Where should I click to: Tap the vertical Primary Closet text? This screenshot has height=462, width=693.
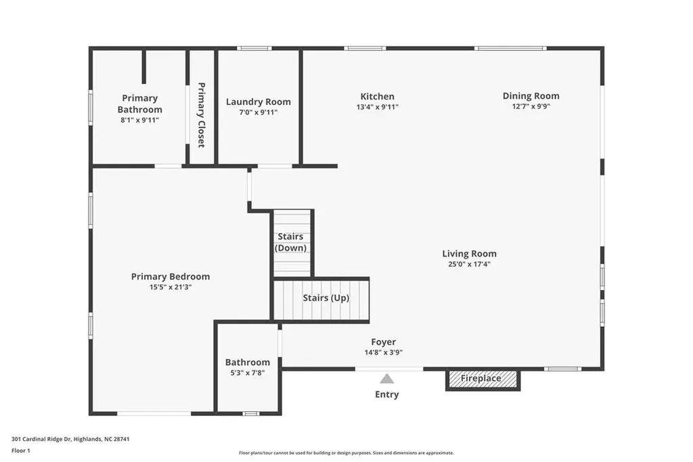[x=201, y=114]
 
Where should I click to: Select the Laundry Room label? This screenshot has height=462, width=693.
[x=258, y=102]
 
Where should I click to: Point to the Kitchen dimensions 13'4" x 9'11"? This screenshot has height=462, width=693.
[x=377, y=107]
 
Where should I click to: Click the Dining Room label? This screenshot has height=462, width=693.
[x=531, y=96]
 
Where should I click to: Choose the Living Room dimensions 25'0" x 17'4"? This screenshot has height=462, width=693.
[x=469, y=264]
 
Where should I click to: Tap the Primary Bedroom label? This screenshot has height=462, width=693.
[x=170, y=276]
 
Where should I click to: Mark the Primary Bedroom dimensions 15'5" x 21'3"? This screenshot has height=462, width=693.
[x=170, y=287]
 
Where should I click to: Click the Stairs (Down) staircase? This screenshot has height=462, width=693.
[x=292, y=243]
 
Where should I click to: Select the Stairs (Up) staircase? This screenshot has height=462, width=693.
[x=321, y=299]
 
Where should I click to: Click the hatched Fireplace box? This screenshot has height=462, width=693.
[x=482, y=379]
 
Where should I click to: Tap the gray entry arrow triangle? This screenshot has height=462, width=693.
[x=386, y=379]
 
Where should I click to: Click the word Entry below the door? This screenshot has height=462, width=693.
[x=386, y=394]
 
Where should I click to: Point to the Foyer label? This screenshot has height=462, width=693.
[x=383, y=342]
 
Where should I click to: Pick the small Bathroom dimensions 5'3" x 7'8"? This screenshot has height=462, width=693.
[x=247, y=373]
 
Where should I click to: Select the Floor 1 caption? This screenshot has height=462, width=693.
[x=21, y=450]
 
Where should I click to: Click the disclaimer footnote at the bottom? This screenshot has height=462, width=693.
[x=346, y=453]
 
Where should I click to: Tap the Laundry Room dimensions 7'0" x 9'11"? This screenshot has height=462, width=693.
[x=258, y=112]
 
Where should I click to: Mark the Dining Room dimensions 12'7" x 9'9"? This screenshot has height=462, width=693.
[x=531, y=106]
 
